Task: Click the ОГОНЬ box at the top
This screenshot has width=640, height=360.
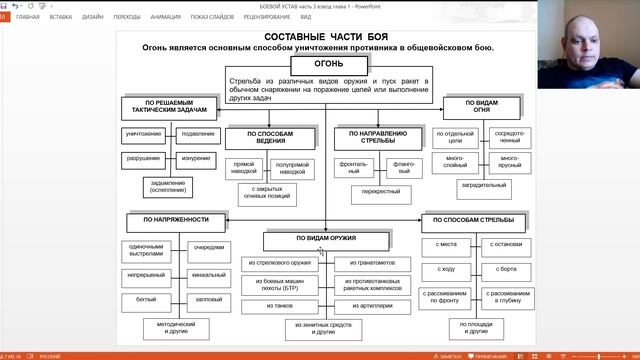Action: [x=321, y=63]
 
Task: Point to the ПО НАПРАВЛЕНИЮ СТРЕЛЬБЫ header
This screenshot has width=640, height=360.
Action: [x=376, y=136]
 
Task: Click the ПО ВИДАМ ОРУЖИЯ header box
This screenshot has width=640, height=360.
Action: [x=326, y=239]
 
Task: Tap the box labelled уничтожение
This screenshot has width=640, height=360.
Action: [x=143, y=134]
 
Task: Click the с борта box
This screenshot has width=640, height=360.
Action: [x=508, y=269]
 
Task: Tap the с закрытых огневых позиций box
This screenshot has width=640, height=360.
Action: [x=265, y=194]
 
